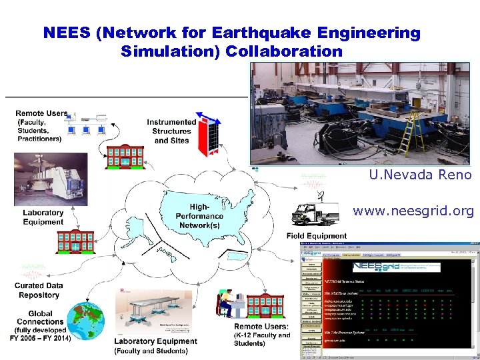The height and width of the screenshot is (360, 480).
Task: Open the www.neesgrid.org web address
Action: tap(413, 211)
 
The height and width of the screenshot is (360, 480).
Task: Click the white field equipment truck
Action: tap(315, 214)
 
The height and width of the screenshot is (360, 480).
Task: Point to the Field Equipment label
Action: tap(316, 235)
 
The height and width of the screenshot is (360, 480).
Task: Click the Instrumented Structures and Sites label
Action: tap(172, 131)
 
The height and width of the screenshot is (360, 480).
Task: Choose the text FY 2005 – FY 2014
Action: tap(40, 338)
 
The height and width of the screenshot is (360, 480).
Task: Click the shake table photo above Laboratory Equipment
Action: tap(50, 180)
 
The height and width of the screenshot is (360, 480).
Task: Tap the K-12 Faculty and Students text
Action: tap(262, 339)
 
